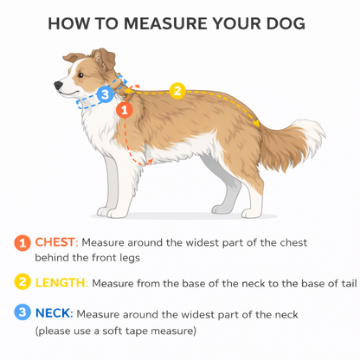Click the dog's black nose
coord(59,85)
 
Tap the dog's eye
coord(80,75)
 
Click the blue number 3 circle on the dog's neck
coord(105,94)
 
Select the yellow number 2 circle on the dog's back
coord(177,91)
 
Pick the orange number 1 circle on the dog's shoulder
coord(125,110)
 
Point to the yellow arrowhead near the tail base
coord(256,123)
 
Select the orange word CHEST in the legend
coord(55,242)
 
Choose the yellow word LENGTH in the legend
coord(61,283)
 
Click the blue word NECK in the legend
coord(53,313)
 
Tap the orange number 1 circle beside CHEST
coord(22,243)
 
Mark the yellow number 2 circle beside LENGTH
coord(22,281)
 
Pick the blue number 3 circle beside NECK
coord(22,312)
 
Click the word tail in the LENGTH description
coord(350,283)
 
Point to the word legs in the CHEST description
coord(130,258)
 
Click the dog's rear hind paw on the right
coord(252,213)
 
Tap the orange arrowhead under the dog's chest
coord(150,162)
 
